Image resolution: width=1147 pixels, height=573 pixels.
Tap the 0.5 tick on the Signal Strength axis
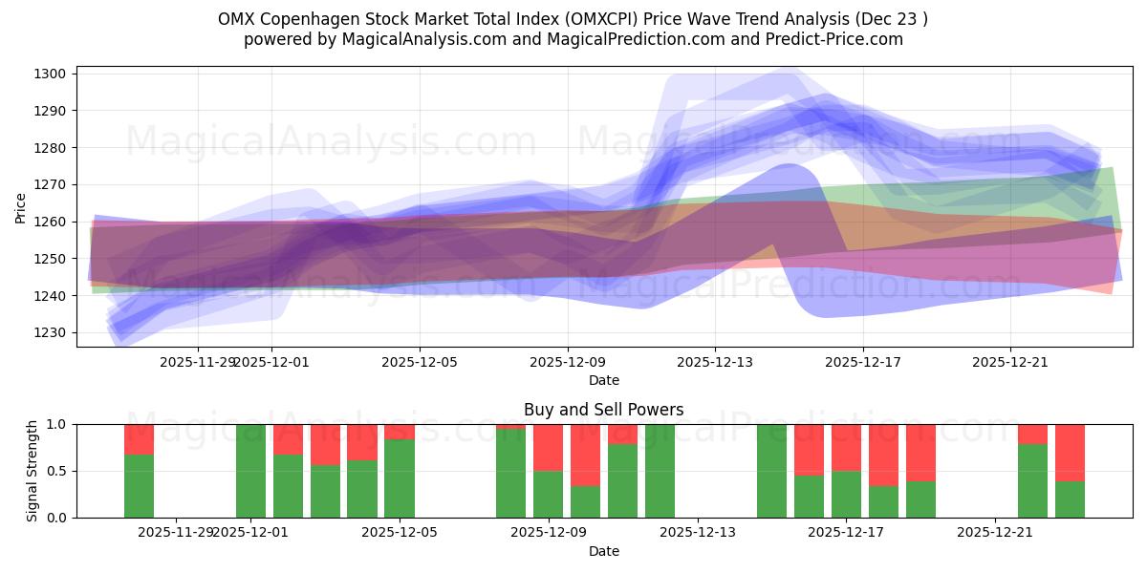pyautogui.click(x=57, y=471)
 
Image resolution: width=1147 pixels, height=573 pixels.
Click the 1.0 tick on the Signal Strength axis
pyautogui.click(x=57, y=424)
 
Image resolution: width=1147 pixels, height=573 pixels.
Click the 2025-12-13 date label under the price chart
pyautogui.click(x=715, y=362)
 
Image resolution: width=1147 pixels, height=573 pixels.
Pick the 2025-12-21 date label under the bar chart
pyautogui.click(x=995, y=532)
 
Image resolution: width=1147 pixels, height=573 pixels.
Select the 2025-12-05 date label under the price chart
pyautogui.click(x=420, y=362)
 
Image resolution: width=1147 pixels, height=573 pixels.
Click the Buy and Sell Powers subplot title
pyautogui.click(x=603, y=410)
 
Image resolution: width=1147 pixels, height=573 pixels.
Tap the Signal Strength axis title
pyautogui.click(x=33, y=471)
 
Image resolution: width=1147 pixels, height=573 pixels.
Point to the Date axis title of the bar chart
pyautogui.click(x=603, y=551)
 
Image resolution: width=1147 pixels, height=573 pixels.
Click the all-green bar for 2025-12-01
pyautogui.click(x=250, y=471)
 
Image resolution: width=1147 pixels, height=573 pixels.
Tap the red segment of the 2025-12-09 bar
pyautogui.click(x=548, y=447)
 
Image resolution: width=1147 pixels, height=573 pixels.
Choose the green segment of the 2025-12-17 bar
pyautogui.click(x=846, y=494)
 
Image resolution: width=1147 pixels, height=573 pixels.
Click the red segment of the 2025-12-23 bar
pyautogui.click(x=1070, y=452)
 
